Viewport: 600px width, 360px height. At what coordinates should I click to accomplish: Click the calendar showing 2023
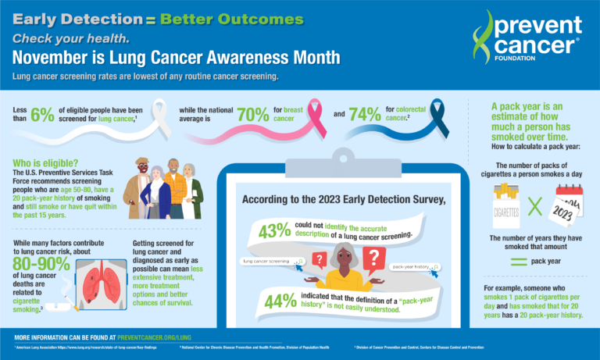pos(566,208)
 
